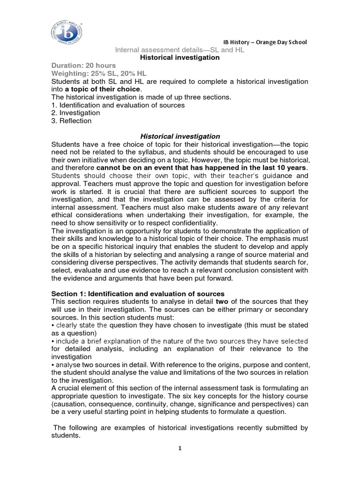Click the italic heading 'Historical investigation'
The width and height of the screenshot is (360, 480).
pos(180,136)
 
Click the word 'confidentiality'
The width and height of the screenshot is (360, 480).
pos(189,223)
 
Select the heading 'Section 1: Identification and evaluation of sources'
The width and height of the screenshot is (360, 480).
pos(131,293)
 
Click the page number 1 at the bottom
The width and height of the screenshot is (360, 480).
pos(180,448)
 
